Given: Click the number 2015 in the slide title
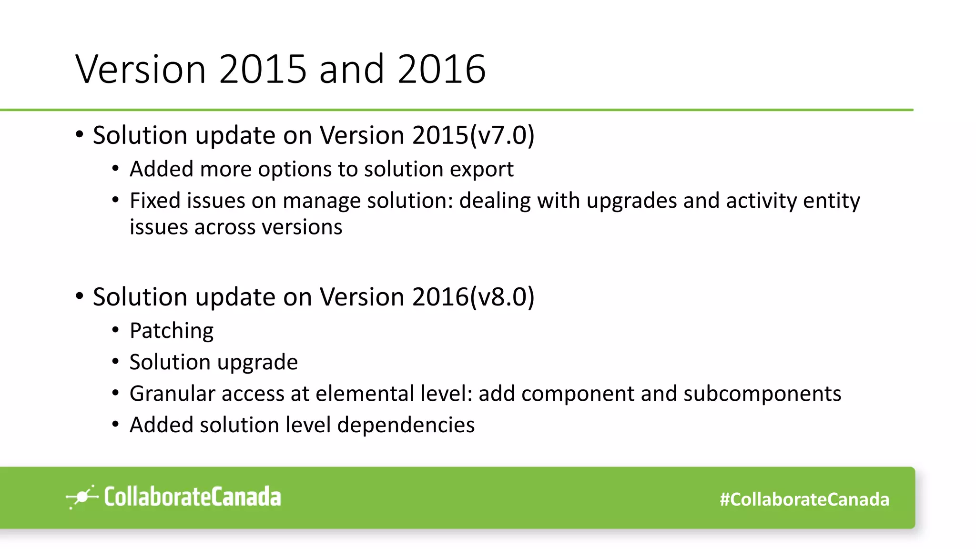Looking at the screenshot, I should (x=263, y=70).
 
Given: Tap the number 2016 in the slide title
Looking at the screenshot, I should (x=441, y=70).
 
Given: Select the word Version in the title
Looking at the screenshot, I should (x=141, y=70).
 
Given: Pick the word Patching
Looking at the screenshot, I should (x=172, y=331).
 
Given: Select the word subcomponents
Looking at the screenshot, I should (x=762, y=394).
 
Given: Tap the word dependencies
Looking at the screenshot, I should (x=406, y=425).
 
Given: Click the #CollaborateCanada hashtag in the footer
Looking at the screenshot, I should (x=804, y=499).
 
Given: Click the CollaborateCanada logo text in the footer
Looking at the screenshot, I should (x=193, y=497).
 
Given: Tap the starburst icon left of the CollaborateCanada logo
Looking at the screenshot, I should (x=82, y=497).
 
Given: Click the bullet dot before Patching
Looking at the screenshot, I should (x=115, y=330).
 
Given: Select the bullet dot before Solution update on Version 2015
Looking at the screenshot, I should (x=80, y=135).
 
